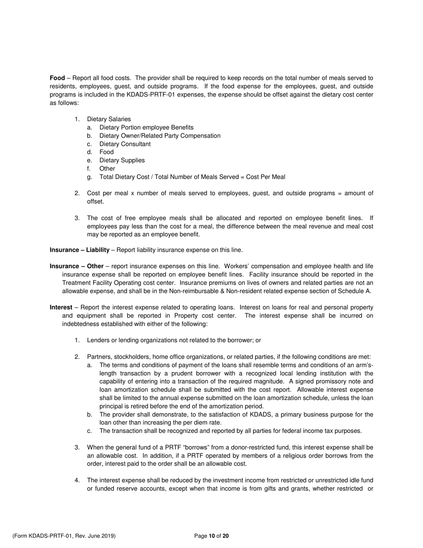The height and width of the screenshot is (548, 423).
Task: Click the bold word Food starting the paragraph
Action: point(57,78)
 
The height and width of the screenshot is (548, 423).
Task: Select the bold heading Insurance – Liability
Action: point(79,250)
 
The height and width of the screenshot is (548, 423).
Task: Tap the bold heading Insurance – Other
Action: point(76,266)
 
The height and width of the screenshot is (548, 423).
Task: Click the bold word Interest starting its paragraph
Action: point(61,308)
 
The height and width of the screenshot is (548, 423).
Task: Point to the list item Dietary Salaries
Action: point(109,119)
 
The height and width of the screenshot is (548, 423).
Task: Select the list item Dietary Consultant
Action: point(125,144)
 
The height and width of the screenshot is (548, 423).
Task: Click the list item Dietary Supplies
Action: point(122,160)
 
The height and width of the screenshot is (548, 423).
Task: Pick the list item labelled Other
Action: point(107,169)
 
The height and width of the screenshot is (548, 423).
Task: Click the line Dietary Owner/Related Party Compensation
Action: point(159,136)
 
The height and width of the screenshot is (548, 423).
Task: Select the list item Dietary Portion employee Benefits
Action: point(146,127)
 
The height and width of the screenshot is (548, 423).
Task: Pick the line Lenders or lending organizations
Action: point(174,340)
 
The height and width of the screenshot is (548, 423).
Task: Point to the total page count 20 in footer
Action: point(226,536)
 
